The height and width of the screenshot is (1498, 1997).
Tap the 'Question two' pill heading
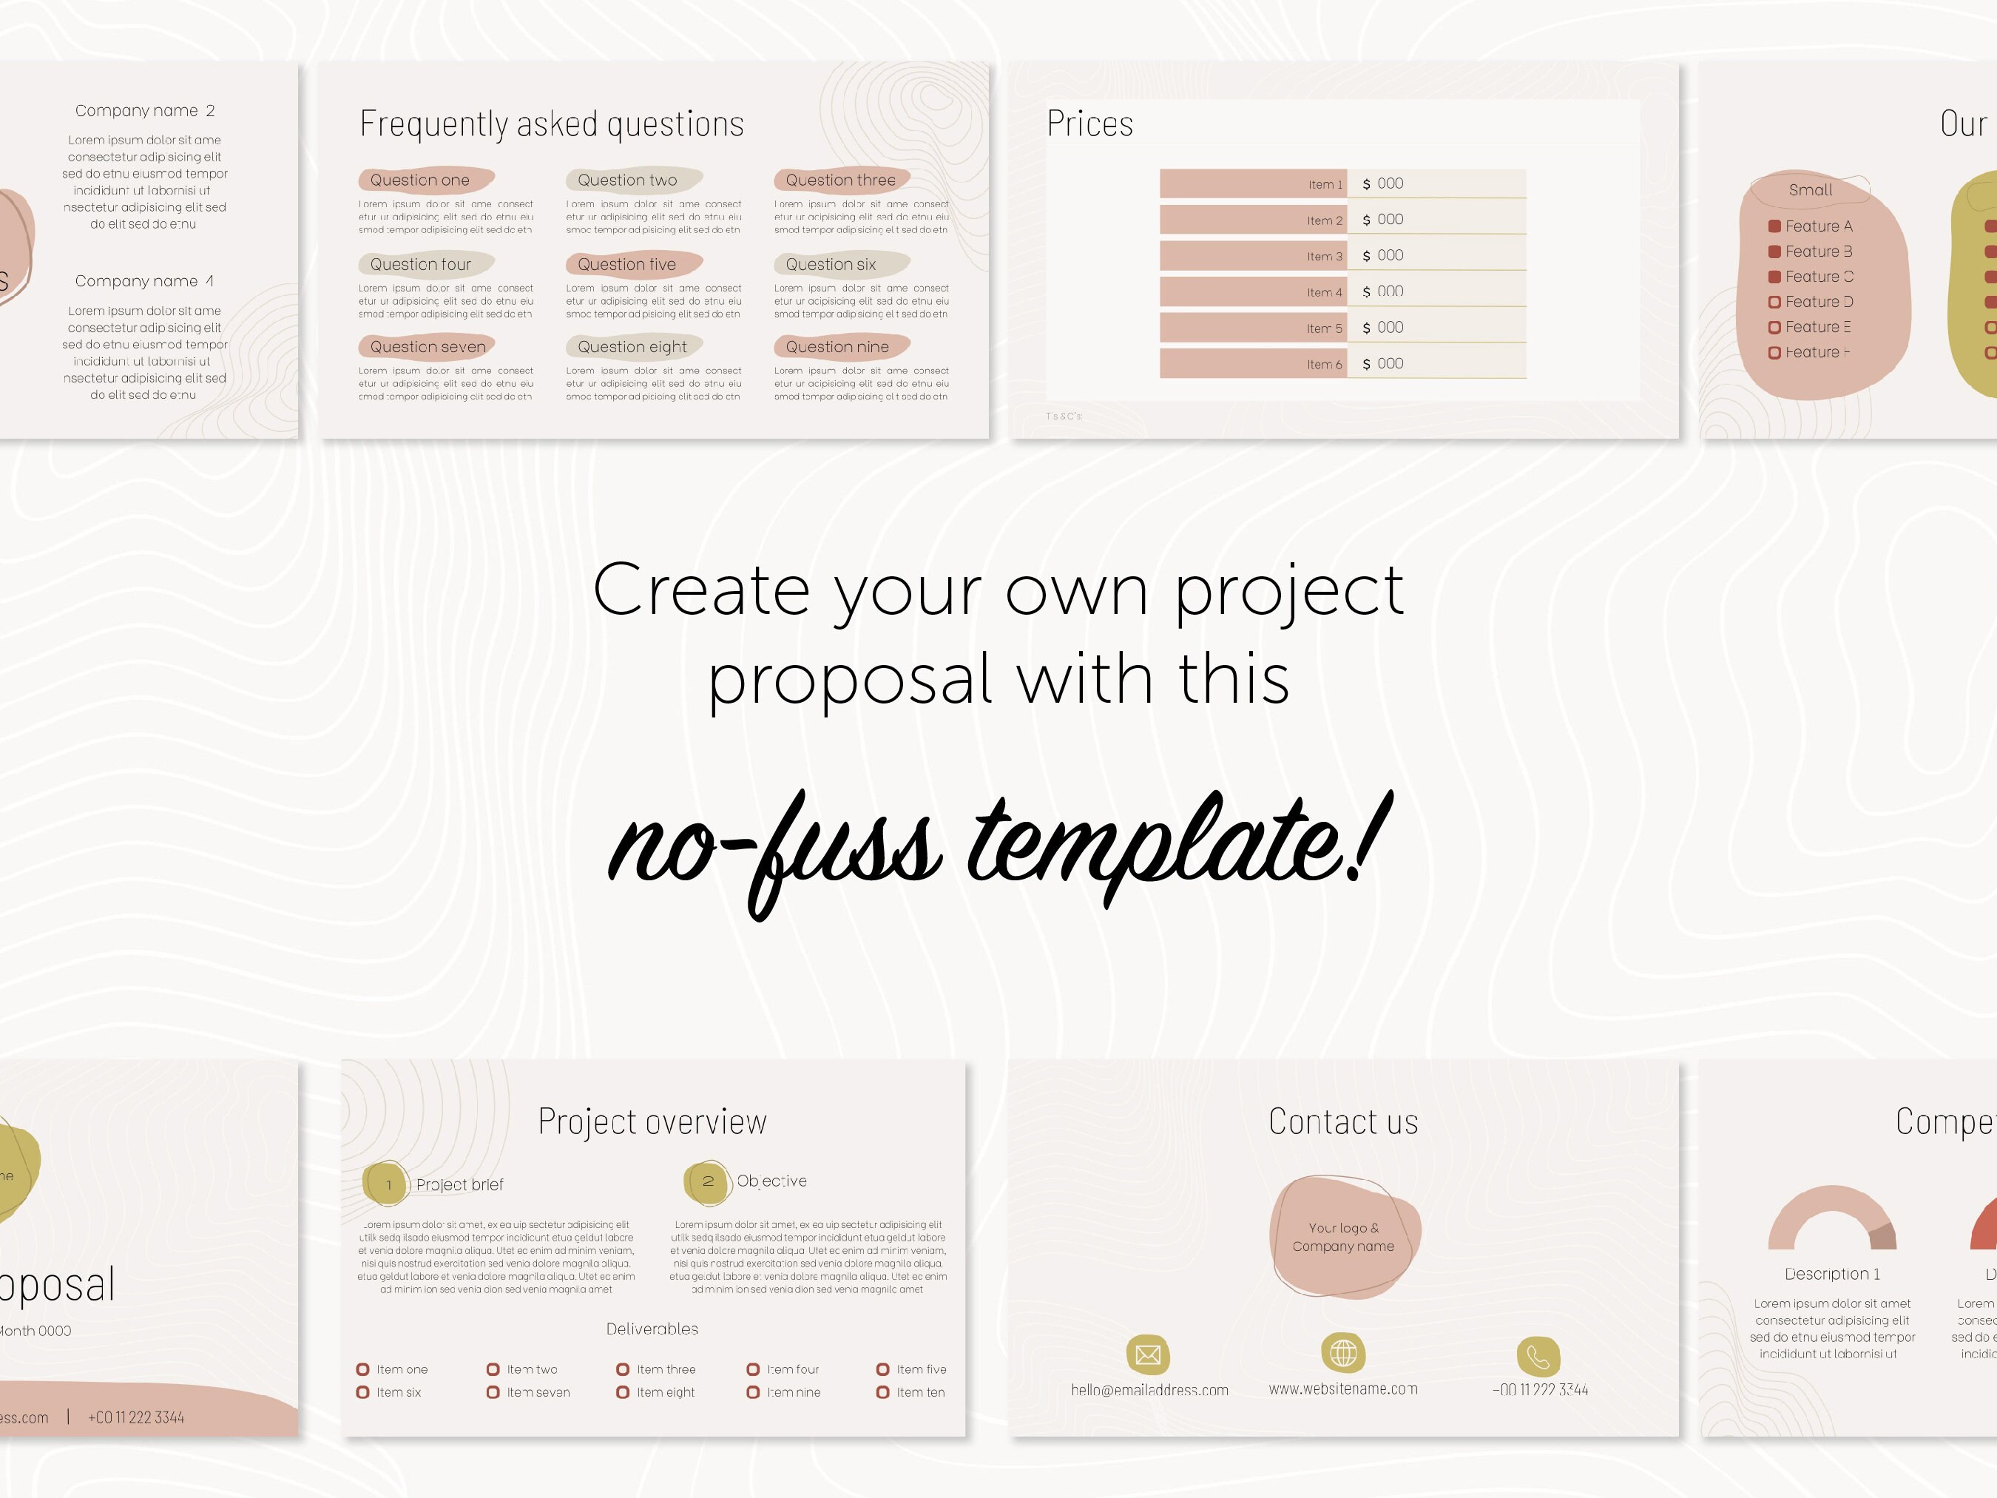(x=627, y=180)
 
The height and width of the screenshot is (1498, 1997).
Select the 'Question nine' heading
(x=837, y=347)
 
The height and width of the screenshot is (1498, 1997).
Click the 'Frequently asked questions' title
(x=552, y=124)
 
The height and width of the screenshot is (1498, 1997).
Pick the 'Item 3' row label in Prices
(x=1325, y=257)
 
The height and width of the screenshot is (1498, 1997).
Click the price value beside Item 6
(x=1384, y=364)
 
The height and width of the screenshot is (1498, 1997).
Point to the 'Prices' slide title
(x=1089, y=124)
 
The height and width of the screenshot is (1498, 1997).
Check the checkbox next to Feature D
(x=1774, y=303)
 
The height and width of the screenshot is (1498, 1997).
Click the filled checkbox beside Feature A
(x=1774, y=226)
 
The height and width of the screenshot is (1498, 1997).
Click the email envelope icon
(x=1147, y=1354)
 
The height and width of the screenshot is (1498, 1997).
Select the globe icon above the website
(x=1343, y=1352)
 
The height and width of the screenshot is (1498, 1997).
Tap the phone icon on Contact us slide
(x=1538, y=1356)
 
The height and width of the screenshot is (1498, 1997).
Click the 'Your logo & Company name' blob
(x=1343, y=1237)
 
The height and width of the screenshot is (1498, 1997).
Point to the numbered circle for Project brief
(x=388, y=1184)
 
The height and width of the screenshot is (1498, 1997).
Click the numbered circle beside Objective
(x=708, y=1182)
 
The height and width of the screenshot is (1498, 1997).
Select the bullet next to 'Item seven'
(x=493, y=1392)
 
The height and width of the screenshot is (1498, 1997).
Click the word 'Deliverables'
(x=652, y=1329)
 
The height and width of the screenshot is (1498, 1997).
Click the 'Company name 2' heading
(x=144, y=111)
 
